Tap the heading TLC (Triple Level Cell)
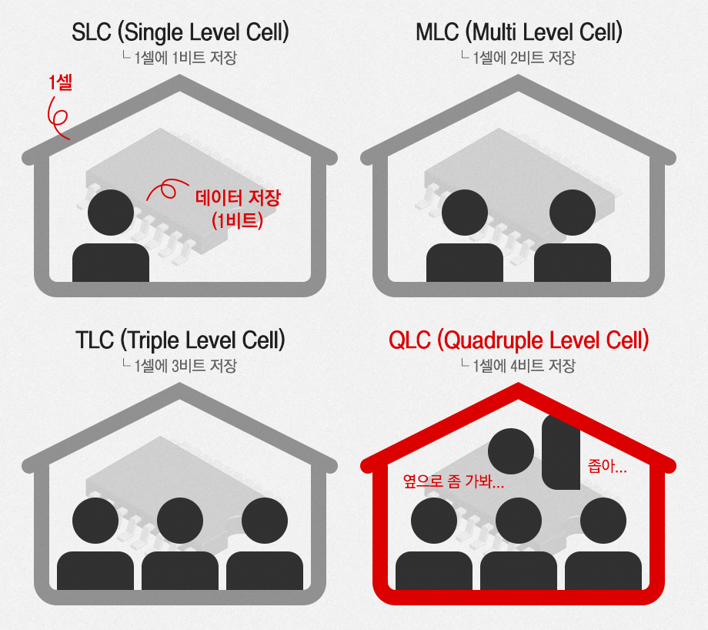click(x=180, y=340)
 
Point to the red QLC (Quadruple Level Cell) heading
click(x=519, y=340)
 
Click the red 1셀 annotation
click(x=60, y=83)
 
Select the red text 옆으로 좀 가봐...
click(x=454, y=483)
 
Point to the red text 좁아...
click(x=606, y=466)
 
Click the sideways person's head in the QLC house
click(x=511, y=451)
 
